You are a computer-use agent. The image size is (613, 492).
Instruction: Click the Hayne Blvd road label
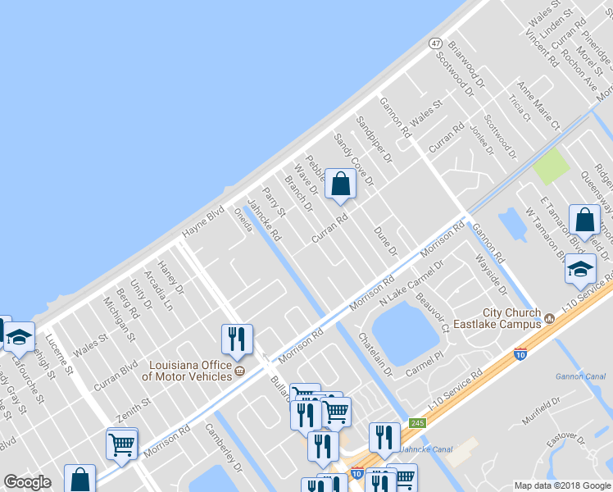pos(203,221)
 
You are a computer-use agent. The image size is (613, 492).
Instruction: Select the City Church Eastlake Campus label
pos(511,318)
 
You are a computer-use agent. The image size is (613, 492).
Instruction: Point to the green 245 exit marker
pos(417,423)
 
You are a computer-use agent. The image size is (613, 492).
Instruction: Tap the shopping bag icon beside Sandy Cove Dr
pos(340,185)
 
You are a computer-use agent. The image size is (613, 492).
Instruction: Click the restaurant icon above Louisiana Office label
pos(237,339)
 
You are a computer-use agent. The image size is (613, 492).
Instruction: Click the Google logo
pos(27,482)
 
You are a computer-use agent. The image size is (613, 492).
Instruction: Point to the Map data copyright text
pos(562,485)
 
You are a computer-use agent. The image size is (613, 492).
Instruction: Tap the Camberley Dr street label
pos(224,450)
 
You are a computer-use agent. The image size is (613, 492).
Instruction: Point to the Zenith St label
pos(134,403)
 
